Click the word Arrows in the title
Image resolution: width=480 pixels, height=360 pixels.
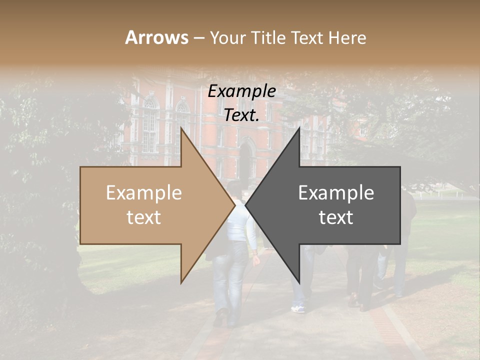coord(156,37)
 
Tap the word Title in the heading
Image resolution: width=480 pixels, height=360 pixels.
coord(270,38)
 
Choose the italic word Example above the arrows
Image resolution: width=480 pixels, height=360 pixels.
coord(242,91)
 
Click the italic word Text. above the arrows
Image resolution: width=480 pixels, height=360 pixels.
coord(242,115)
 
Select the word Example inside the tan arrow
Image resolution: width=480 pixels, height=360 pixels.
coord(144,193)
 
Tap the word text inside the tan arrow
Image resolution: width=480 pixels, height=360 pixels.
coord(144,217)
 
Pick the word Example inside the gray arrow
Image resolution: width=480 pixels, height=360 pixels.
coord(336,193)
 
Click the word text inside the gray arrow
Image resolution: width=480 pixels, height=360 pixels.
coord(336,217)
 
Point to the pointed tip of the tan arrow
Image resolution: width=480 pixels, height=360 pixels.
coord(234,205)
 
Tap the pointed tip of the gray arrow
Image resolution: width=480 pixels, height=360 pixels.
coord(246,205)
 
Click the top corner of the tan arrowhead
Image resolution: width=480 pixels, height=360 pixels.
coord(181,128)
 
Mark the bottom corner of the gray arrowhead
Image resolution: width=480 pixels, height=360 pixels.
coord(299,282)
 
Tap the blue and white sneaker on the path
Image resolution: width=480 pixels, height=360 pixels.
coord(298,308)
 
